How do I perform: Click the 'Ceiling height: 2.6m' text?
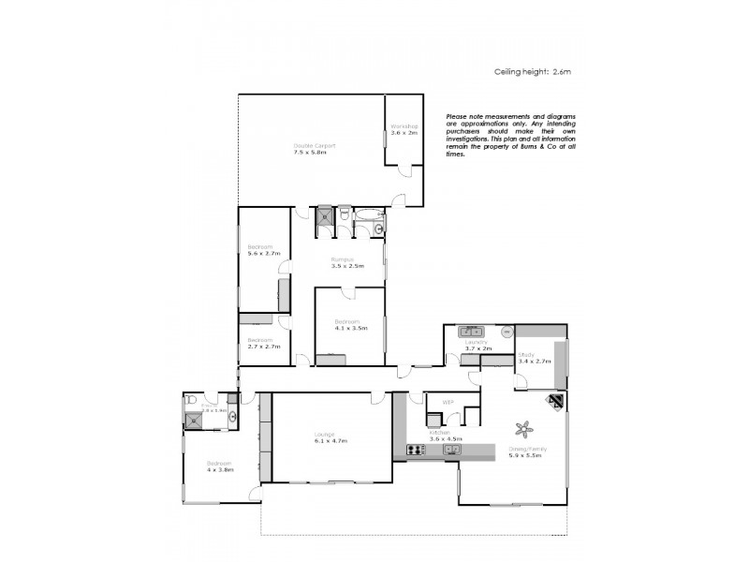(532, 70)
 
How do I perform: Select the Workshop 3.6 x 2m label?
(404, 129)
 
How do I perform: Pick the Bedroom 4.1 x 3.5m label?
(350, 325)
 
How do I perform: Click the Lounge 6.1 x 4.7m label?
(330, 436)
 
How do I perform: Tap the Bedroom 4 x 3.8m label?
(220, 466)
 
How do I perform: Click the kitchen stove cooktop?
(415, 451)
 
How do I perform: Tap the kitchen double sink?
(451, 450)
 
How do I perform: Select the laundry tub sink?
(470, 331)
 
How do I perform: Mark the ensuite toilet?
(190, 400)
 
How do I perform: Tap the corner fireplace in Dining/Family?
(556, 403)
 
